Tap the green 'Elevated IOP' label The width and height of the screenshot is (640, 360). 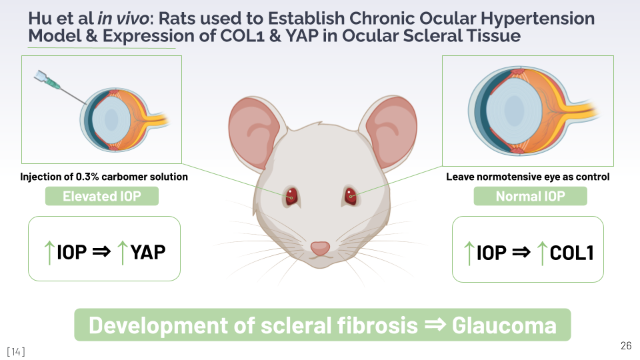(x=101, y=196)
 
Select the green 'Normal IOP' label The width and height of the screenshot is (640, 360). (x=529, y=197)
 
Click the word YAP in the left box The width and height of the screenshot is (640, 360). (x=149, y=252)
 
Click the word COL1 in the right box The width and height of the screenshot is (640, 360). (x=571, y=253)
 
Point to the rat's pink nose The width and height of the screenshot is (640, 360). (x=320, y=247)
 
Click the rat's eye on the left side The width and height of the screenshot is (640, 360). (x=291, y=196)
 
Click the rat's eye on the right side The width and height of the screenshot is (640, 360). (x=350, y=196)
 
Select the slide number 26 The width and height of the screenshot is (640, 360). (x=625, y=345)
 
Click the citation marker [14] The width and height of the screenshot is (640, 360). (x=16, y=351)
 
